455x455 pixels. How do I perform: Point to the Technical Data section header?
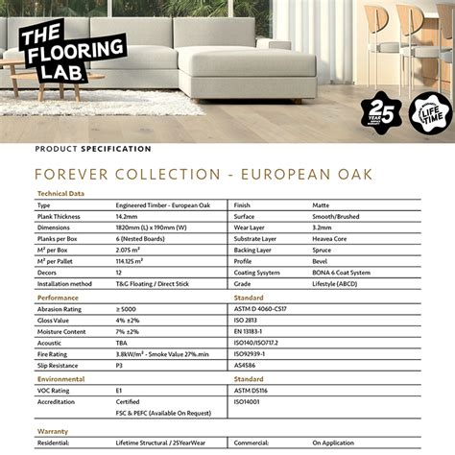point(60,193)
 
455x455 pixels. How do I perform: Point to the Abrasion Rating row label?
point(60,309)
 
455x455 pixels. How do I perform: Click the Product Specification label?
point(93,149)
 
